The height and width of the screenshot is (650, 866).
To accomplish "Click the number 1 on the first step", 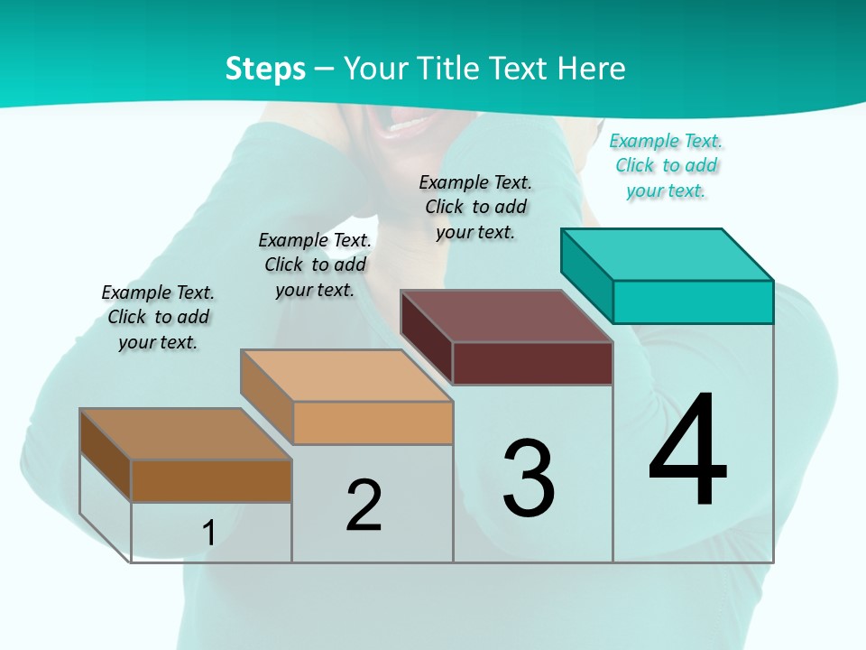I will (x=209, y=533).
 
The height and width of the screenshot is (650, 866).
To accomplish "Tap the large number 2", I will (x=364, y=505).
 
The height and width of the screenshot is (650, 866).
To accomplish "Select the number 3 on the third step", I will (x=529, y=478).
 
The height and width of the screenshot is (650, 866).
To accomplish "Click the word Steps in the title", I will (x=265, y=69).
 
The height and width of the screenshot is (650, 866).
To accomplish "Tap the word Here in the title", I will (x=594, y=69).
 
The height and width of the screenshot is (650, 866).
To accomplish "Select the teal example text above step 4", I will (x=666, y=166).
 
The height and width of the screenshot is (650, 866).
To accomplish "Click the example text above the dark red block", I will (x=475, y=207).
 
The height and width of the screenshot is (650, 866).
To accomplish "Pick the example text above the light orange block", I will (x=315, y=265).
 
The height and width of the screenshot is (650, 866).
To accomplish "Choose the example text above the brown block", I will (x=158, y=317).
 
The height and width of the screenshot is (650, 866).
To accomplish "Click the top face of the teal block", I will (x=668, y=254).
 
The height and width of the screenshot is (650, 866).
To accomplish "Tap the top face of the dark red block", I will (x=507, y=316).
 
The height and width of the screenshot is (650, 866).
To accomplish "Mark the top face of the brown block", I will (x=186, y=434).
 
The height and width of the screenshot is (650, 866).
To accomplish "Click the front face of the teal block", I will (x=693, y=302).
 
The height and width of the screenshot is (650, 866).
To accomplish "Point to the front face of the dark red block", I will (x=532, y=363).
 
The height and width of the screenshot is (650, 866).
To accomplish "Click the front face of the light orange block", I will (x=373, y=422).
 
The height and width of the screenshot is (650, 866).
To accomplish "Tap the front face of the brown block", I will (x=211, y=480).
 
